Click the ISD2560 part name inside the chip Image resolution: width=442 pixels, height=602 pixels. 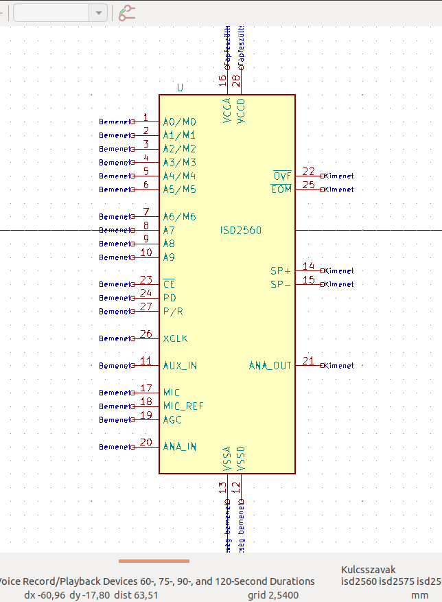(240, 231)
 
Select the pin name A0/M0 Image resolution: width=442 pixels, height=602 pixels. (179, 122)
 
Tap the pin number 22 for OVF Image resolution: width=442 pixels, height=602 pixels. (309, 172)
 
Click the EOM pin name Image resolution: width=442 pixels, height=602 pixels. (281, 189)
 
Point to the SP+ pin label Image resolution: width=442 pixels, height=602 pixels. (281, 271)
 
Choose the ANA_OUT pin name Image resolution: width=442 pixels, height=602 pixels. (270, 366)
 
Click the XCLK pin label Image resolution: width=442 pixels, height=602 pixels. (175, 338)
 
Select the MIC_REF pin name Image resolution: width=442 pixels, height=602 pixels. (183, 406)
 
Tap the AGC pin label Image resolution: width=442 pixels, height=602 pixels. (172, 419)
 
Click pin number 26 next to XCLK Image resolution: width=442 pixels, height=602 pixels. (146, 334)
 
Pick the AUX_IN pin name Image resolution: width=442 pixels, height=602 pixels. (180, 366)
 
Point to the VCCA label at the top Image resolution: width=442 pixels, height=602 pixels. (227, 111)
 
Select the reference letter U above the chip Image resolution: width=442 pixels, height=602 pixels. (181, 88)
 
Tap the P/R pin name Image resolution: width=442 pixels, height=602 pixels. (172, 312)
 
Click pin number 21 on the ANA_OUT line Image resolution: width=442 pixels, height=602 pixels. (309, 361)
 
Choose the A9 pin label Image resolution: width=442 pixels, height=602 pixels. (169, 257)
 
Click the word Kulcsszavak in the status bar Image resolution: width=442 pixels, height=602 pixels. (369, 570)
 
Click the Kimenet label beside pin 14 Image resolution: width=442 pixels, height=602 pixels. (340, 271)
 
